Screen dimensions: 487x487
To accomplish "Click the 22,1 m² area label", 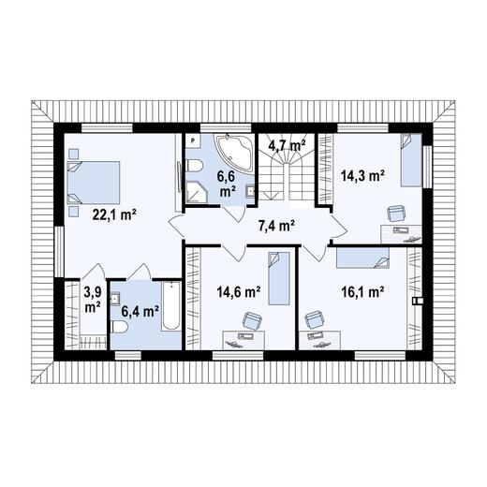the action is tap(114, 214).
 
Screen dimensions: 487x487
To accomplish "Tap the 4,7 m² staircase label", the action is tap(287, 145).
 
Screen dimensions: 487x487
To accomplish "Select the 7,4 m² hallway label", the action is tap(276, 225).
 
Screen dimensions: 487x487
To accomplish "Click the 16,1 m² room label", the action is tap(362, 292).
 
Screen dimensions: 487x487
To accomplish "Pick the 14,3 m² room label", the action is tap(362, 176).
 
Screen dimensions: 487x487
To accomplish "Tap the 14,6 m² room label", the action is tap(239, 292).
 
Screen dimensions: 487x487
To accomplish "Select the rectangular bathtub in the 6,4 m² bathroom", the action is tap(171, 306).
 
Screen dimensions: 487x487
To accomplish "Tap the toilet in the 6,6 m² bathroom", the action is tap(195, 166).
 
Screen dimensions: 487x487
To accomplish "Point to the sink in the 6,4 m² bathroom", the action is tap(115, 298).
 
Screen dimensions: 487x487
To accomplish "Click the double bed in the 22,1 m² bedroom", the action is tap(94, 183).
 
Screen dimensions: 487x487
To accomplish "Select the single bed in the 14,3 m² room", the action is tap(411, 160).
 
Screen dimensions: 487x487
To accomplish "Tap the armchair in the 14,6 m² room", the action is tap(252, 320).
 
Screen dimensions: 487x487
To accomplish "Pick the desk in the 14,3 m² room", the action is tap(402, 234).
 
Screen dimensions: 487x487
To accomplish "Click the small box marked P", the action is tap(193, 140).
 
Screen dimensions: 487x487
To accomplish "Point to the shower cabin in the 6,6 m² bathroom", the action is tap(197, 193).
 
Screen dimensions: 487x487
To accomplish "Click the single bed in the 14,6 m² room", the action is tap(279, 278).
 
